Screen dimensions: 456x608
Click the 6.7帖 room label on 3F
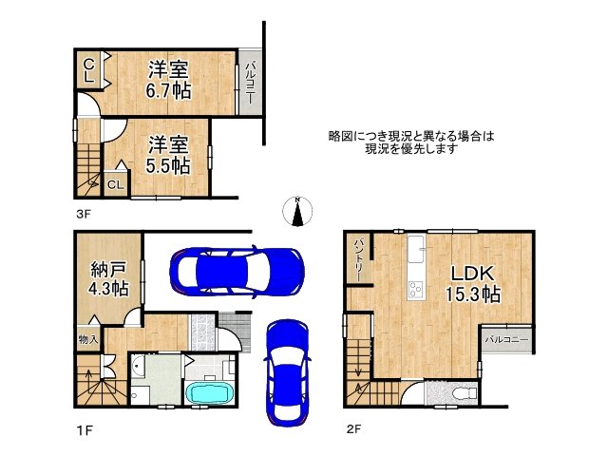tap(169, 80)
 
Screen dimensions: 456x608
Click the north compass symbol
tap(298, 212)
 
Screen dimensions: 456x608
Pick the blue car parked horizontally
tap(237, 271)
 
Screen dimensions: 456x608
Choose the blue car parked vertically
tap(286, 366)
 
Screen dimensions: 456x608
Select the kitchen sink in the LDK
tap(415, 254)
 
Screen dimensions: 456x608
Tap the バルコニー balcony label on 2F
tap(504, 338)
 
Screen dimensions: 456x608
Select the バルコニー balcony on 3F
tap(251, 84)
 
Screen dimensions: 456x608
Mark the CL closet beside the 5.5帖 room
tap(115, 184)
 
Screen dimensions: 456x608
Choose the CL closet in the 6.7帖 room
tap(87, 69)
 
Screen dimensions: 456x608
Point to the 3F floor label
tap(84, 215)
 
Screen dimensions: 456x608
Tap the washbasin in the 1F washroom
tap(139, 365)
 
